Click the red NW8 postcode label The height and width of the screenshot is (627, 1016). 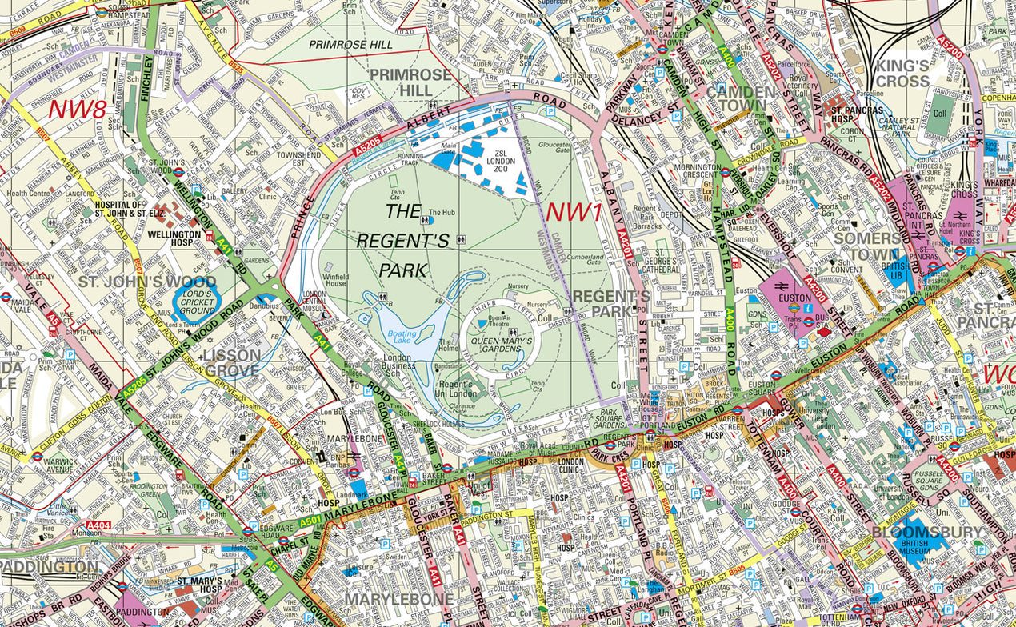coord(78,109)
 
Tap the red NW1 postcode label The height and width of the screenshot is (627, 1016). coord(573,212)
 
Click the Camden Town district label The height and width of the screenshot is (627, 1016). coord(741,98)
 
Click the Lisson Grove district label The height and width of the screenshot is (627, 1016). coord(232,362)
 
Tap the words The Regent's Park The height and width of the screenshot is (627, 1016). coord(414,241)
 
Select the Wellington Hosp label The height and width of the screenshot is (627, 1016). coord(174,235)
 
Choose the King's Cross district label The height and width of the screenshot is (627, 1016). coord(902,73)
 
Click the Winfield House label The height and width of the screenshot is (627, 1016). coord(336,279)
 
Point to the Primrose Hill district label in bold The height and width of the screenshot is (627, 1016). coord(411,82)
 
